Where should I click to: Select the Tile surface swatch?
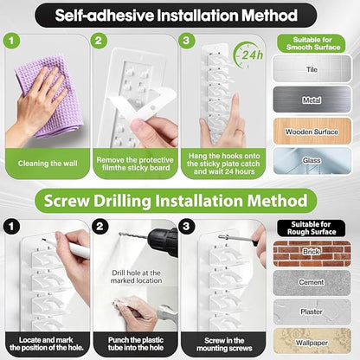312,68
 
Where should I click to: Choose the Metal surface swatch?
312,100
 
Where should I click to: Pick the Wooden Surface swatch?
312,132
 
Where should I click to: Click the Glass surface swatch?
312,161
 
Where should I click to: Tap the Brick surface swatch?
312,253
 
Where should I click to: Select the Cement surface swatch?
312,282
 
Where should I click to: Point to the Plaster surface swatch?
312,312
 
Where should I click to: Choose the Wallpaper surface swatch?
312,341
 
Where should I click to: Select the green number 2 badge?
99,41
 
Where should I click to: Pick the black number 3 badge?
186,226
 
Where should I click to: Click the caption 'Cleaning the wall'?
48,164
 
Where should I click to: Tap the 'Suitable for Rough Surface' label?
312,228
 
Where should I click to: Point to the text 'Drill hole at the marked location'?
136,277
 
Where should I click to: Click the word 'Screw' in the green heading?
67,201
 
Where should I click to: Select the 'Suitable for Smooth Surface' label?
312,43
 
